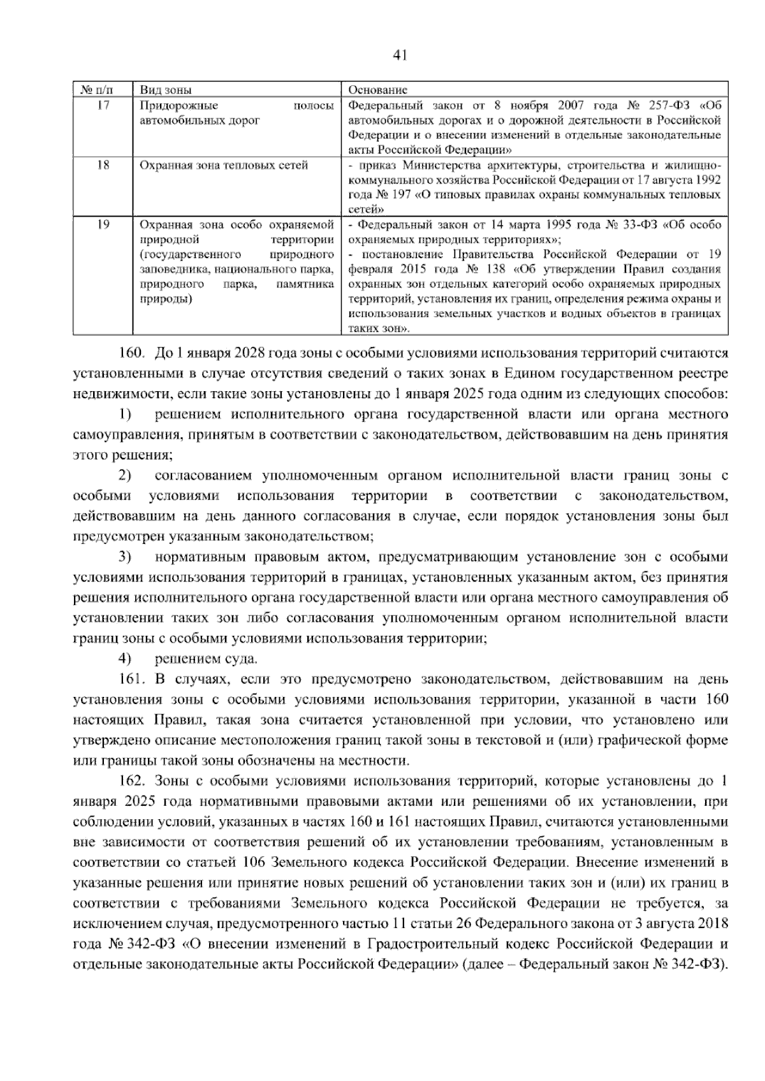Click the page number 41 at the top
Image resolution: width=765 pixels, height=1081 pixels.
tap(400, 55)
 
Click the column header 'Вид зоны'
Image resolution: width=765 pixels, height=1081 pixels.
tap(166, 90)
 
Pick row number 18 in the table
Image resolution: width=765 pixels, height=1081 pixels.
tap(103, 166)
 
